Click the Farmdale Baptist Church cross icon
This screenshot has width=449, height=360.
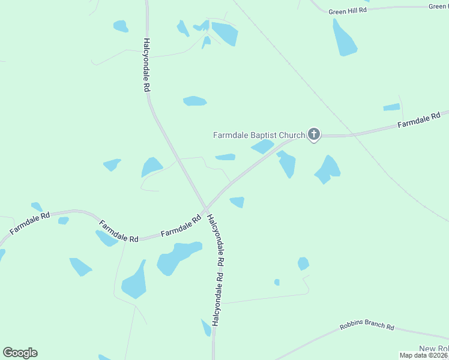313,134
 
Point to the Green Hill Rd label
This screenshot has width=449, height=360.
346,10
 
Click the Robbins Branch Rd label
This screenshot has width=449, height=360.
366,327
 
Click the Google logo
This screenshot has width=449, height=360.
20,353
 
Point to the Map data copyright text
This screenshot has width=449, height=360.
424,355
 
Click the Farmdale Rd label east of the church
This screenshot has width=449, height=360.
419,120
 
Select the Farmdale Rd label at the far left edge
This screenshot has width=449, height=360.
29,223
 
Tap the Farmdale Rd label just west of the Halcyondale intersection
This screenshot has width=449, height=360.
181,227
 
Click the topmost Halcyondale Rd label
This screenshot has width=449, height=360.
146,65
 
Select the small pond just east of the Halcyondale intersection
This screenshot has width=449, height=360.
237,202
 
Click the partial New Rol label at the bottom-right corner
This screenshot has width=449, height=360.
433,349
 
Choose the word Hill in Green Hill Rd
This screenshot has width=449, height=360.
348,10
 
